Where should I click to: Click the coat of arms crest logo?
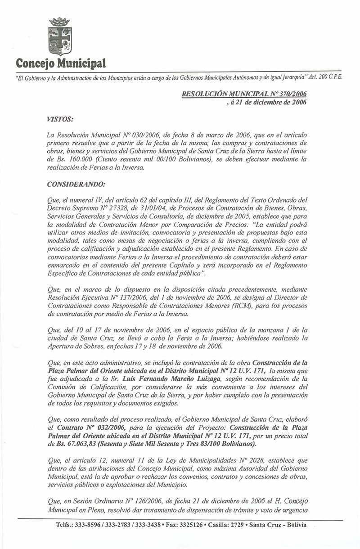point(60,36)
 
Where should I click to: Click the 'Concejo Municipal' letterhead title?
point(61,62)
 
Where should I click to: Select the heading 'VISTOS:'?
point(60,118)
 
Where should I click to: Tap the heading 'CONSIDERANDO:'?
point(70,184)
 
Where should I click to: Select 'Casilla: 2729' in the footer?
point(226,525)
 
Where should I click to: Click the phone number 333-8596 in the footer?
point(89,525)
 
